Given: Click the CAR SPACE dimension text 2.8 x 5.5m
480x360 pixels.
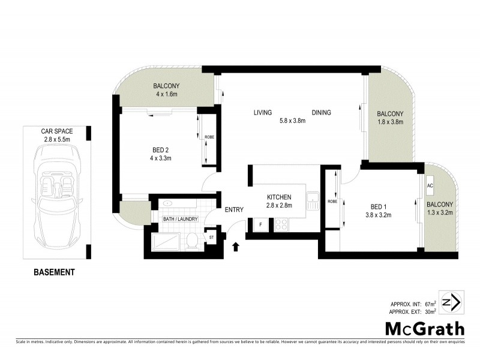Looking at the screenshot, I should pos(56,139).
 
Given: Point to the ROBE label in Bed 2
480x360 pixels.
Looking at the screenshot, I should pos(208,137).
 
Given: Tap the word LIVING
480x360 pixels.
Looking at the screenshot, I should pos(263,113).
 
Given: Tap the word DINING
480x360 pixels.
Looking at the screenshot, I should pos(321,113).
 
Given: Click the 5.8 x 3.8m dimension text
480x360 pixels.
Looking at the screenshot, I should pos(292,121).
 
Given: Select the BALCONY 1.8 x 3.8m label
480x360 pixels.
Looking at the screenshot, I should pos(389,118).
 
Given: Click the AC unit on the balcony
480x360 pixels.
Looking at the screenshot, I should pos(430,185).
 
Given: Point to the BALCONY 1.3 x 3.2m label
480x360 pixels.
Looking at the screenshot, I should pos(440,208).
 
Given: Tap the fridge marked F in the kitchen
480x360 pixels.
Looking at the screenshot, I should pos(260,226).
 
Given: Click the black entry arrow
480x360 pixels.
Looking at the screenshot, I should pos(235,245).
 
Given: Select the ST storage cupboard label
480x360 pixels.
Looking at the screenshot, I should pos(211,238).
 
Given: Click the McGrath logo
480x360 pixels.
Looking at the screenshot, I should pos(424,328).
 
